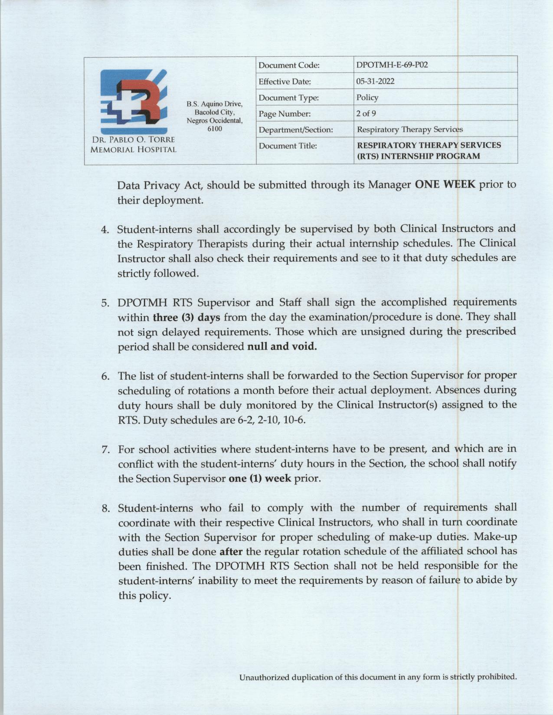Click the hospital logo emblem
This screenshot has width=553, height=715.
134,101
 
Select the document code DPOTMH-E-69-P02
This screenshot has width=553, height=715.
392,65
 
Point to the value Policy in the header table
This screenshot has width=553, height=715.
367,97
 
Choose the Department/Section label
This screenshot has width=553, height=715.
295,130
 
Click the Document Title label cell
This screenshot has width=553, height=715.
288,146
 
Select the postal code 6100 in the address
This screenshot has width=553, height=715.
214,129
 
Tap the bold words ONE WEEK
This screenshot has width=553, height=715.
445,185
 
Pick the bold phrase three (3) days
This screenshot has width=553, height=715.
187,317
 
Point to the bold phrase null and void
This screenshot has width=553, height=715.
282,347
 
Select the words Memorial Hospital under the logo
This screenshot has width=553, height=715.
134,150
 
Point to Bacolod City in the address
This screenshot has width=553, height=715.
214,112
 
